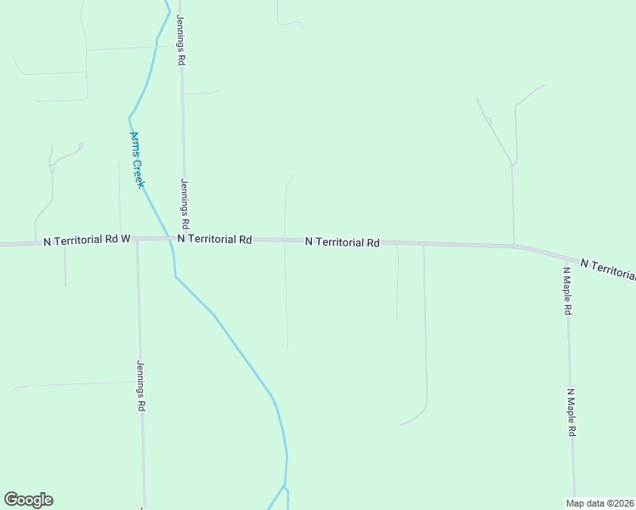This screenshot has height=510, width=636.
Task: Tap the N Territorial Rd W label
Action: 87,241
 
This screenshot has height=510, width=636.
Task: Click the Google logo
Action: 28,500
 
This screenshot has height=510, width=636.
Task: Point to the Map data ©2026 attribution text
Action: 599,503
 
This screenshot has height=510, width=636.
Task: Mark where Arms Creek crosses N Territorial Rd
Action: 172,239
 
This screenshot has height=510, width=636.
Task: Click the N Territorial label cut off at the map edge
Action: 607,269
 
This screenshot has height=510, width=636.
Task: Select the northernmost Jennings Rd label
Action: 180,40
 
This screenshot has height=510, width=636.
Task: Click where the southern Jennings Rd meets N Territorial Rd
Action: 137,239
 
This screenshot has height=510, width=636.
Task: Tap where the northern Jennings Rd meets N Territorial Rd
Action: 184,239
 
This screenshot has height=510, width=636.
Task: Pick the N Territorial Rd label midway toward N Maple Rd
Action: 342,242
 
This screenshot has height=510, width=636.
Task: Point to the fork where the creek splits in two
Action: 286,486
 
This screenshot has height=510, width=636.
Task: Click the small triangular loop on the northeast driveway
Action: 488,121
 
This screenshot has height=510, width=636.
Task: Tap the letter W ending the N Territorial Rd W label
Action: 125,240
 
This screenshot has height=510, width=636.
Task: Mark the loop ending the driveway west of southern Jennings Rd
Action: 19,388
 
